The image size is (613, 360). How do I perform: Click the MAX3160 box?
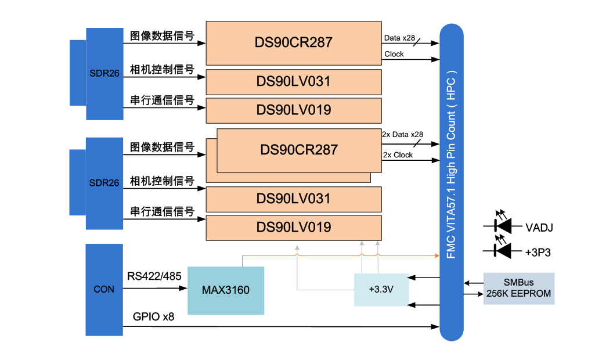point(226,289)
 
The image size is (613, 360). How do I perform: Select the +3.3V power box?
point(381,289)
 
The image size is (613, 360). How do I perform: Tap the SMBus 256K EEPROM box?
point(518,289)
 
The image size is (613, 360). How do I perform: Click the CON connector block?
point(104,289)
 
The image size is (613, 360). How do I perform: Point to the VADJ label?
point(539,227)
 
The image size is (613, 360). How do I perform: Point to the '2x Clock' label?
point(398,155)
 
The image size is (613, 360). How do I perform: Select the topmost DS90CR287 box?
point(293,43)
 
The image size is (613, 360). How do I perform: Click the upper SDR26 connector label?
point(104,74)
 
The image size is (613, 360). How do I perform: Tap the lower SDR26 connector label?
point(104,183)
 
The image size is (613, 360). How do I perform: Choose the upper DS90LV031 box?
point(293,82)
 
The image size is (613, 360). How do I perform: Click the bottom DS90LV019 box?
point(293,228)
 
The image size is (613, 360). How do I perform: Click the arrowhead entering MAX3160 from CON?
point(183,289)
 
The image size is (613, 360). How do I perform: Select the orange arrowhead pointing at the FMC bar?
point(437,255)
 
